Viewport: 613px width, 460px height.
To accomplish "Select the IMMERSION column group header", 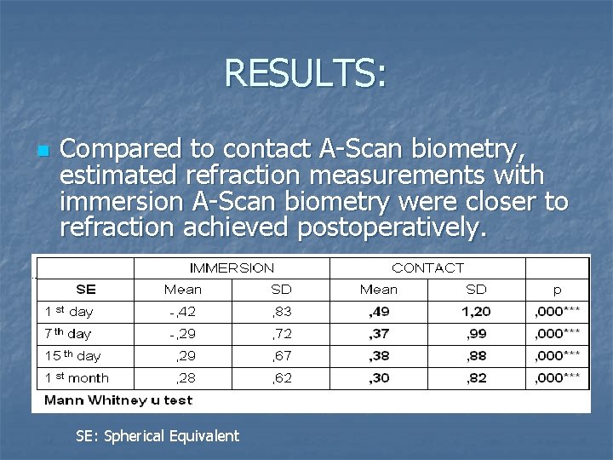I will (232, 268).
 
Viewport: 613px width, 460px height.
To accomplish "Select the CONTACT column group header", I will (427, 268).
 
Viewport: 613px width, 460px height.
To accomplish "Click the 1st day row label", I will (69, 312).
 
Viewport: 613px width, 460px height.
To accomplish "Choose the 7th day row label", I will (69, 334).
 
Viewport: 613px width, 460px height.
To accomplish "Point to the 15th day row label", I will (72, 356).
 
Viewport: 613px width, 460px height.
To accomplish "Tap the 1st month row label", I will (77, 377).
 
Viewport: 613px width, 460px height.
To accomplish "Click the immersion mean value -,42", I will (182, 312).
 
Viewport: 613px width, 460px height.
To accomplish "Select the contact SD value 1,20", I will (476, 312).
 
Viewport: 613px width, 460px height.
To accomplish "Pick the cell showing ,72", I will (280, 334).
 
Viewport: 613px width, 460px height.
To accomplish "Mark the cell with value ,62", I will (280, 377).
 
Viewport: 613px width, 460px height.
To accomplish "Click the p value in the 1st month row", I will (557, 377).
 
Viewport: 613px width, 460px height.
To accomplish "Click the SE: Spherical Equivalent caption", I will (158, 436).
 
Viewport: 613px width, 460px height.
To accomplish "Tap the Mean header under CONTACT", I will (378, 290).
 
